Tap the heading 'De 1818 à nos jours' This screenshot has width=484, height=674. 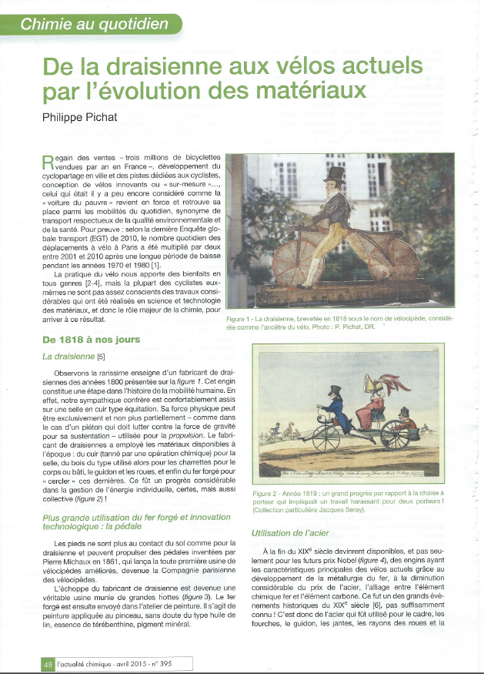coord(93,340)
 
